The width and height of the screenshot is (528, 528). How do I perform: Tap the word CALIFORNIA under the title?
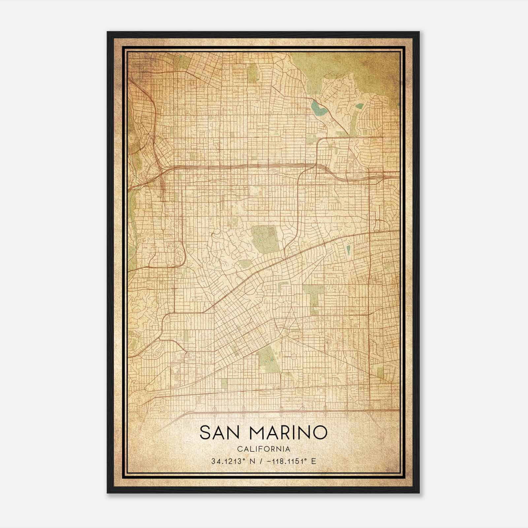pyautogui.click(x=263, y=449)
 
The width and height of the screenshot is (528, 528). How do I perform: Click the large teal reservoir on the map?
pyautogui.click(x=317, y=108)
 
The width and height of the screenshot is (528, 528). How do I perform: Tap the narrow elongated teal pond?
pyautogui.click(x=348, y=251)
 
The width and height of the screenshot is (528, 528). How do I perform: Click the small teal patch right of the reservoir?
pyautogui.click(x=360, y=106)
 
